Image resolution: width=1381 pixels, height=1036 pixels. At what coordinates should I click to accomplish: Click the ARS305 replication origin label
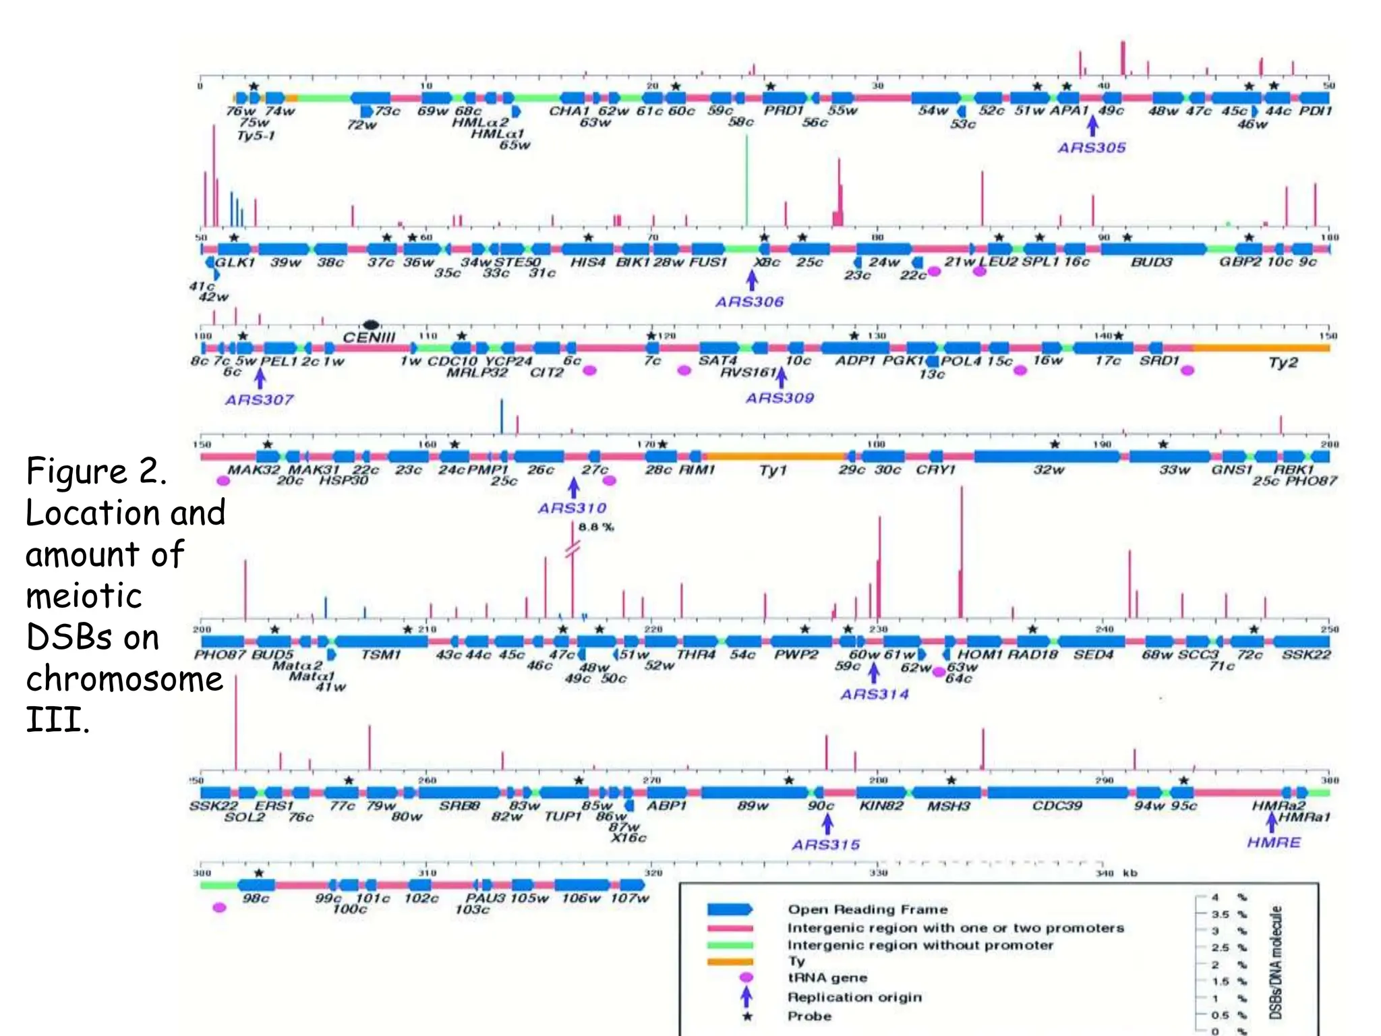[x=1092, y=148]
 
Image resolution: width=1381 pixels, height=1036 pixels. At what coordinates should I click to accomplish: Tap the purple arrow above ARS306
[x=752, y=279]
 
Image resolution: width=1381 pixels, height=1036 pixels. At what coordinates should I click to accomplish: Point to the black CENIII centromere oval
[x=371, y=324]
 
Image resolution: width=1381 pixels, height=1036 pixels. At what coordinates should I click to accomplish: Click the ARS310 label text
[x=572, y=508]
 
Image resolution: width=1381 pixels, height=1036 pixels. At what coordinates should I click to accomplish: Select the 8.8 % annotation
[x=596, y=527]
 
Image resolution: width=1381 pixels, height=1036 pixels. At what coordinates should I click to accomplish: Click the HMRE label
[x=1273, y=842]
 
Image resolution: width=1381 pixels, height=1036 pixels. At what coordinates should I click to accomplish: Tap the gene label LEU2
[x=998, y=262]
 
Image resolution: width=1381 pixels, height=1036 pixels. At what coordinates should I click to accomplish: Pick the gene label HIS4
[x=588, y=262]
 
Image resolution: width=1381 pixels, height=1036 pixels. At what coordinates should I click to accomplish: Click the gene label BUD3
[x=1151, y=262]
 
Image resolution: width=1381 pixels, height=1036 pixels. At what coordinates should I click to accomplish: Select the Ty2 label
[x=1283, y=363]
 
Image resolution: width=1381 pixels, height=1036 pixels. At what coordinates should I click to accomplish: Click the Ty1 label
[x=773, y=469]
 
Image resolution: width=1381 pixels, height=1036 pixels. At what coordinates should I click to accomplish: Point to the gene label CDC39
[x=1057, y=806]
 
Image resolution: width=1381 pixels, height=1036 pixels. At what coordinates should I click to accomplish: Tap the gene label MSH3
[x=948, y=806]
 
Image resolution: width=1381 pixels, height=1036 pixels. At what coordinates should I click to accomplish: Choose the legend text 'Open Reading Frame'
[x=868, y=909]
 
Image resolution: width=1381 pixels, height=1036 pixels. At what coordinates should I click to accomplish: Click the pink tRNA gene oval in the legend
[x=746, y=977]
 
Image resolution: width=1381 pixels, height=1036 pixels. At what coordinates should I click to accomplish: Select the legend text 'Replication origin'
[x=854, y=997]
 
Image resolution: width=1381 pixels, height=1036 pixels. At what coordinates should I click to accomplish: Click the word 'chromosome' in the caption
[x=125, y=679]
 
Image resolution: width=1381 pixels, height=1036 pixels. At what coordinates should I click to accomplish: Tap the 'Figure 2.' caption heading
[x=96, y=471]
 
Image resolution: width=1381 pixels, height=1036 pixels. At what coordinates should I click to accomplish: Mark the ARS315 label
[x=826, y=844]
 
